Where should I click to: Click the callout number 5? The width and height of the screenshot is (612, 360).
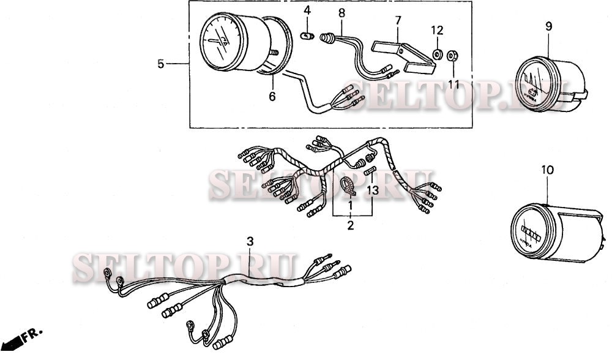pyautogui.click(x=160, y=64)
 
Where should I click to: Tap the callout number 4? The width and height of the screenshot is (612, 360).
pyautogui.click(x=307, y=11)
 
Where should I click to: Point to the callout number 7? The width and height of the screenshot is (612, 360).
pyautogui.click(x=398, y=20)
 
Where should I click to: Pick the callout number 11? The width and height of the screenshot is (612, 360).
pyautogui.click(x=453, y=84)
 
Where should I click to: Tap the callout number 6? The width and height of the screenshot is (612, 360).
pyautogui.click(x=272, y=96)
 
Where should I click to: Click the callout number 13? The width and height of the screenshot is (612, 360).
pyautogui.click(x=373, y=190)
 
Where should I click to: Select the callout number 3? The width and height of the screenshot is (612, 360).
pyautogui.click(x=249, y=241)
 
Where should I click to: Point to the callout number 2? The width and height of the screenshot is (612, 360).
pyautogui.click(x=351, y=225)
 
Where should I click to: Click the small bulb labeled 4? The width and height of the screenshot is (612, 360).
pyautogui.click(x=308, y=37)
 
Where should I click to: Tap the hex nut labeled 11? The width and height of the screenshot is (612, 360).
pyautogui.click(x=453, y=56)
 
